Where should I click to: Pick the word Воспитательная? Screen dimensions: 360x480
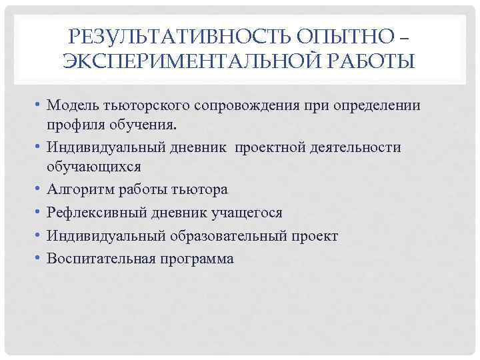100,259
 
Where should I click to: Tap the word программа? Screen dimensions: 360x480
196,259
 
